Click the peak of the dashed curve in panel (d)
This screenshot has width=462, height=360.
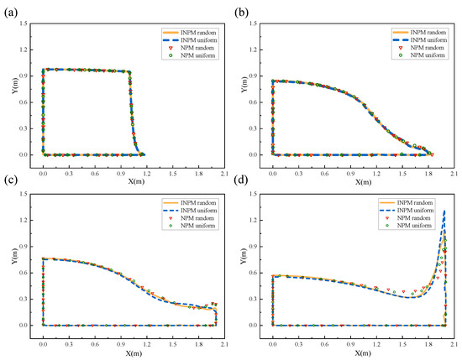(444, 211)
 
